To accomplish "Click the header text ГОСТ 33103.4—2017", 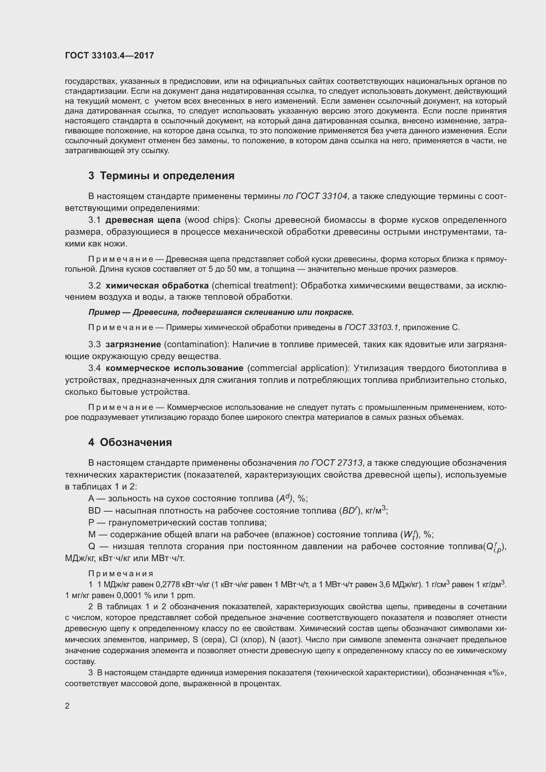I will click(109, 55).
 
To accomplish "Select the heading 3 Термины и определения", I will click(161, 176).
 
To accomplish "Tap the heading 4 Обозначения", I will click(130, 442).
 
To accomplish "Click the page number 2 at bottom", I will click(67, 706).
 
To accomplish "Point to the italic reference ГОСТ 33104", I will click(321, 196).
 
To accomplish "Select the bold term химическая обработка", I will click(157, 285).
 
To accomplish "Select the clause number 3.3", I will click(94, 344).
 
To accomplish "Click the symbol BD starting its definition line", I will click(94, 510).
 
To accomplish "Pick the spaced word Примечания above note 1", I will click(121, 574).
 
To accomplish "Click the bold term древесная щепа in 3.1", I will click(143, 220).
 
